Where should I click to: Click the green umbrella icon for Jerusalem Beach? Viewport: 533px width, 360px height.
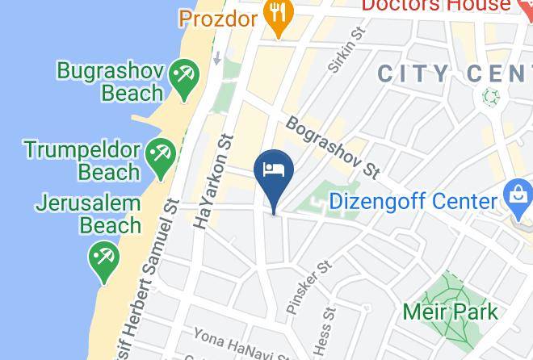[x=103, y=261]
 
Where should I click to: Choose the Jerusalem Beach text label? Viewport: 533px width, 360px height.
[x=88, y=214]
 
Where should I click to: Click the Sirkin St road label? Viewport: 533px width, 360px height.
[x=347, y=49]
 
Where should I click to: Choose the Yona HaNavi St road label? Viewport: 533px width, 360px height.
[x=242, y=345]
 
